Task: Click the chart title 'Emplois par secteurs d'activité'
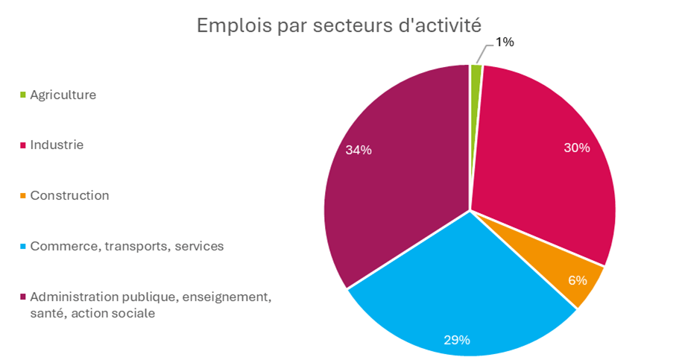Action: [x=339, y=25]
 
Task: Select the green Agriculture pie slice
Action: [x=476, y=104]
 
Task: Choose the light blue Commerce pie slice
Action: [x=462, y=298]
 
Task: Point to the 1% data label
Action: [x=505, y=42]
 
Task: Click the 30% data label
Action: [x=576, y=148]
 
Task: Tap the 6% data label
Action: [x=577, y=280]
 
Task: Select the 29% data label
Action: [x=456, y=340]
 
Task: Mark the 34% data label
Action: [x=359, y=150]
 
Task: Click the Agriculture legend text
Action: [x=63, y=95]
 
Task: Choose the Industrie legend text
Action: [x=57, y=145]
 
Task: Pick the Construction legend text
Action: [x=69, y=195]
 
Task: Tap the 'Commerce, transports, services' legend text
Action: [x=127, y=246]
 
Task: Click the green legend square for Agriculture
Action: [x=23, y=95]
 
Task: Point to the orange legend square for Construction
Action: [x=23, y=196]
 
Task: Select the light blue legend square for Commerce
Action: [x=23, y=247]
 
